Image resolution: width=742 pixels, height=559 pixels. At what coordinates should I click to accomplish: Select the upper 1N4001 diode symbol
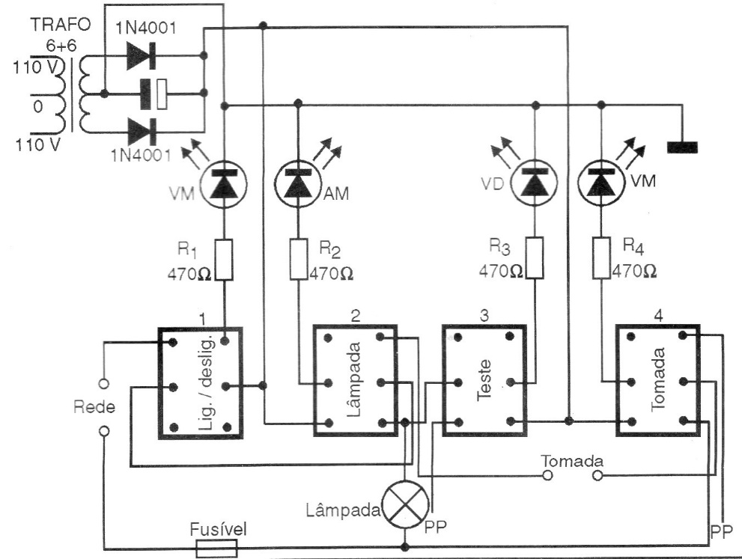point(141,55)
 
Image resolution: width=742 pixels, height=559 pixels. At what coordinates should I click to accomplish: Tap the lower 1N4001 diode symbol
point(141,132)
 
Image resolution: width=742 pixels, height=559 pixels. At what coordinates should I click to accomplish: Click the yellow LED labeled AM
point(297,183)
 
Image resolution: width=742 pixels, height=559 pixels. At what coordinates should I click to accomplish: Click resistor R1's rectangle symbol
point(223,259)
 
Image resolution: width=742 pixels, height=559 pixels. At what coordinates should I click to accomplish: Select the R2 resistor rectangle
point(298,259)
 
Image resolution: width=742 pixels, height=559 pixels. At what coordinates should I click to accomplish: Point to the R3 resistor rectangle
point(535,259)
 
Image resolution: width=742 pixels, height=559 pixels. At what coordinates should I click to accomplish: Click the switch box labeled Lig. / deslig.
point(200,382)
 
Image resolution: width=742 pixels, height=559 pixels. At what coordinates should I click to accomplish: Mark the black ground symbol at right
point(681,147)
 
